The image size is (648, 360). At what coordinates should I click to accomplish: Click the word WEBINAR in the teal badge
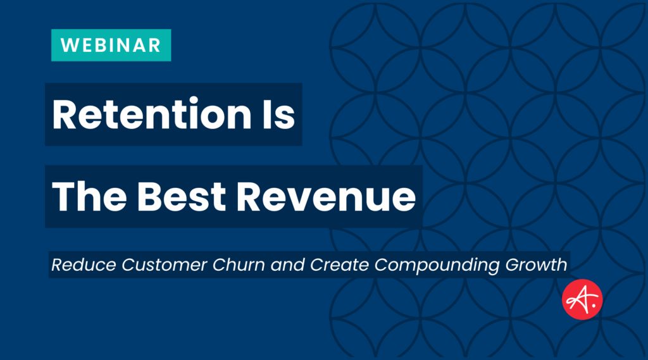(x=111, y=46)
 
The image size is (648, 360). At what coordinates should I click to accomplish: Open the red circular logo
(x=582, y=299)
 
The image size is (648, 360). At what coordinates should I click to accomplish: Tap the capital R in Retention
(x=65, y=115)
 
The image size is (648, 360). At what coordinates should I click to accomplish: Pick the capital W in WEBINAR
(x=68, y=46)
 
